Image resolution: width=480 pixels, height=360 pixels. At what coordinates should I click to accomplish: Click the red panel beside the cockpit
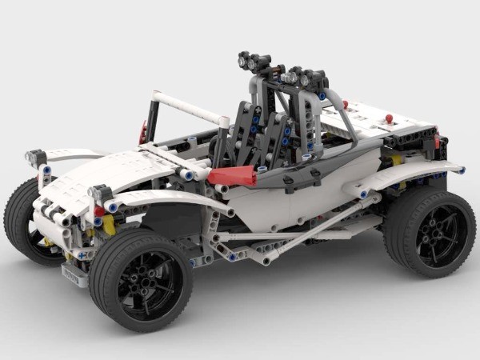(232, 177)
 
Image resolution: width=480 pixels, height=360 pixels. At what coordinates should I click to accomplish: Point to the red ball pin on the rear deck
(389, 119)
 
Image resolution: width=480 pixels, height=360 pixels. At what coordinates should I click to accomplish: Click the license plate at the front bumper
(74, 276)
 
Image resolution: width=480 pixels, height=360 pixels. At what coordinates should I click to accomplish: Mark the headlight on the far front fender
(34, 158)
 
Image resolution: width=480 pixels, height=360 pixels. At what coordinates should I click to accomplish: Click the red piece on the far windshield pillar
(143, 132)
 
